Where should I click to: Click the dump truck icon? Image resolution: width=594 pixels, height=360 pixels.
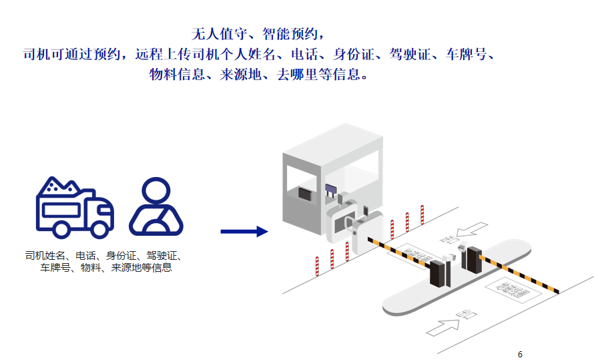click(x=73, y=207)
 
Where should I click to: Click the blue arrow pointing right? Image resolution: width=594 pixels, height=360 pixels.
click(x=244, y=232)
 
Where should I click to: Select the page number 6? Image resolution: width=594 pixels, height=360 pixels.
click(x=520, y=354)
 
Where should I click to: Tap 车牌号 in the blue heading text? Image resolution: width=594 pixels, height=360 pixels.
click(x=470, y=54)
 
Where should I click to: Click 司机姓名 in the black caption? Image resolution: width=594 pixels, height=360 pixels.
click(x=47, y=255)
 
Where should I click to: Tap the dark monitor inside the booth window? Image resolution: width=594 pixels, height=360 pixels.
click(x=304, y=194)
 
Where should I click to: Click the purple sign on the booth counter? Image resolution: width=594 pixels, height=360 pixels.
click(x=330, y=189)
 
